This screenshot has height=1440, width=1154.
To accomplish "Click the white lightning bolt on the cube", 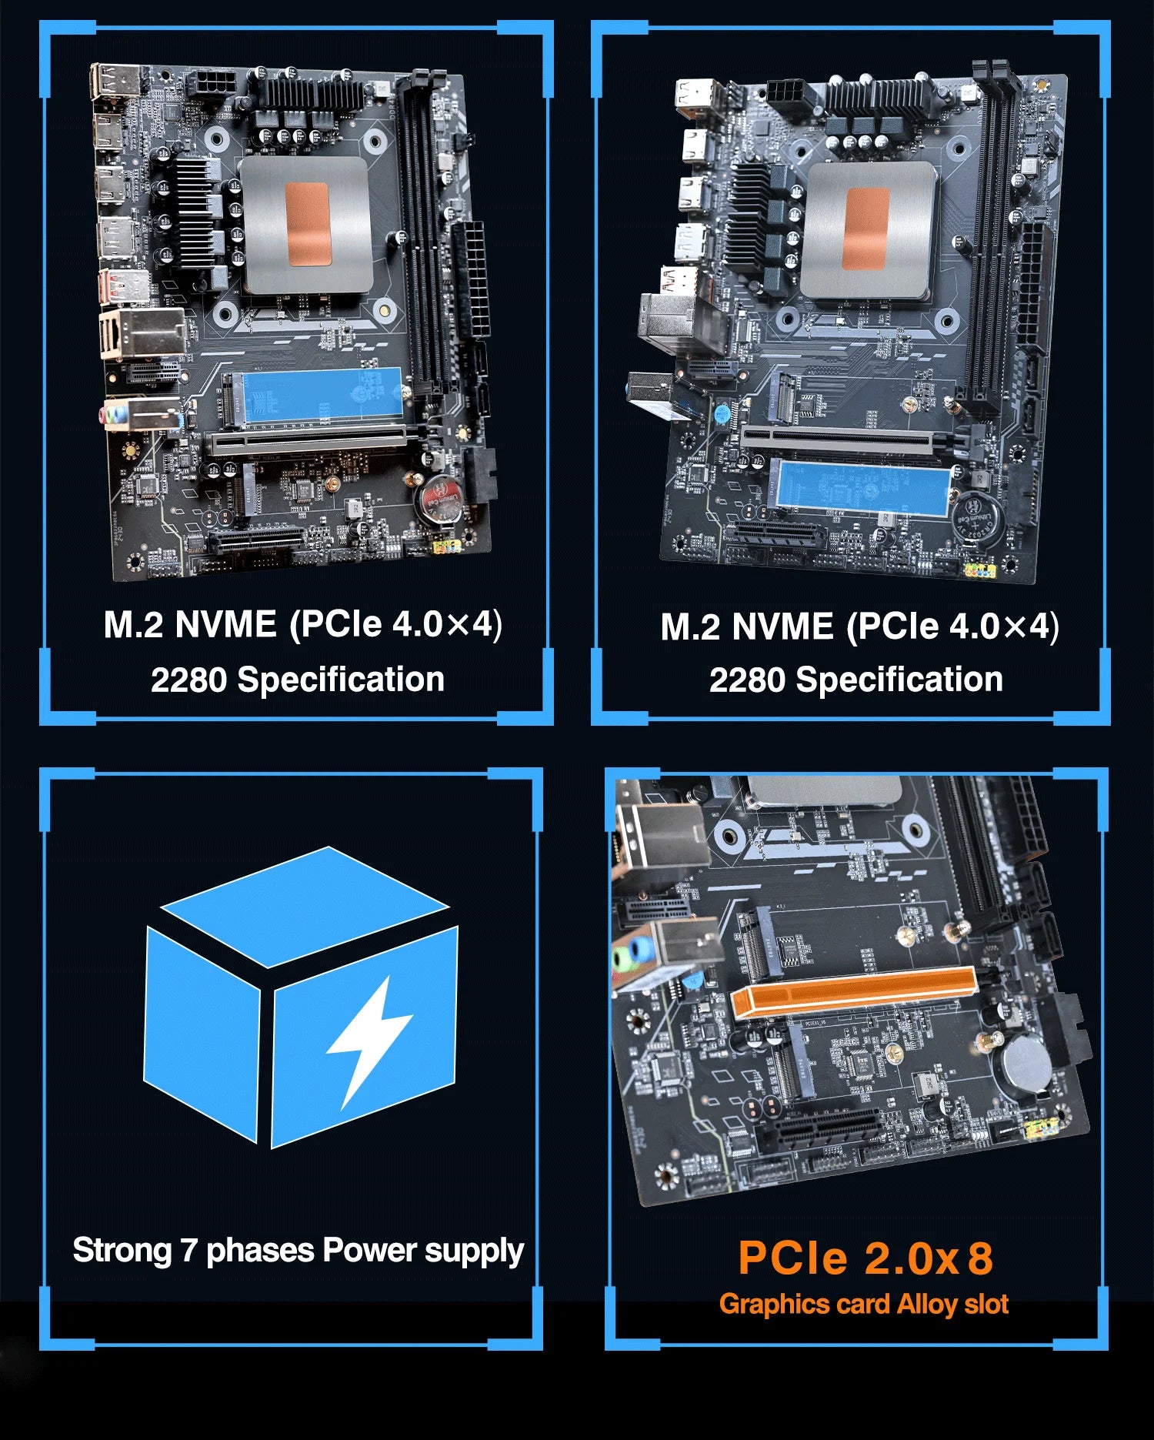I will click(x=368, y=1039).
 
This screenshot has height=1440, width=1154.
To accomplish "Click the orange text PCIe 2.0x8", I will click(x=865, y=1258).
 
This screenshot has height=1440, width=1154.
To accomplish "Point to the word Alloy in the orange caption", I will click(x=927, y=1305).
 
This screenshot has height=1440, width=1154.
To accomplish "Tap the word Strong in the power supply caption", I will click(x=122, y=1251).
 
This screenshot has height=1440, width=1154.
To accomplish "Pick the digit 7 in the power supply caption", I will click(x=189, y=1251).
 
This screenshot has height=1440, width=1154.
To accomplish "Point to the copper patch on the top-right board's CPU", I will click(x=866, y=229).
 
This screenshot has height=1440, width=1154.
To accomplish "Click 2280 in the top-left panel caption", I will click(x=189, y=680).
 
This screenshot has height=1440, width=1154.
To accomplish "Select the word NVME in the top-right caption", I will click(x=782, y=626).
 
